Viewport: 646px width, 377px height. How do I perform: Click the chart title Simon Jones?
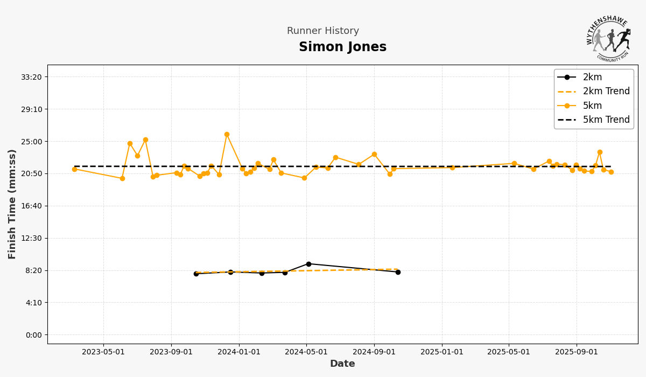[x=342, y=47]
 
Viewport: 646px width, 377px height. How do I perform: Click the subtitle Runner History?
[x=322, y=31]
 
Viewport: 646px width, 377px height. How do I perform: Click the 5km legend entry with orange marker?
[x=592, y=106]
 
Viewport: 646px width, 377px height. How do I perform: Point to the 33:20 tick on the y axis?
[x=31, y=77]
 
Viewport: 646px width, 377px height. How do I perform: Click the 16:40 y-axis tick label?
[x=31, y=206]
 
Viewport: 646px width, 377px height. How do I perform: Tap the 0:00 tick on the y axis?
[x=33, y=335]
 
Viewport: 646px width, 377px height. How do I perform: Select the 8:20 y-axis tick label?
[x=33, y=270]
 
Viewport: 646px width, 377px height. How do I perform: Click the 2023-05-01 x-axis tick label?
[x=103, y=352]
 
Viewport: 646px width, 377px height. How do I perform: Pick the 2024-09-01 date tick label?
[x=374, y=352]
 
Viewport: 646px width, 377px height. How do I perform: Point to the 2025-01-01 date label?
[x=442, y=352]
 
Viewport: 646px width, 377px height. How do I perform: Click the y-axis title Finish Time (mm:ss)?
[x=12, y=204]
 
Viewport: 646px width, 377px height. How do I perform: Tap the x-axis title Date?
[x=342, y=364]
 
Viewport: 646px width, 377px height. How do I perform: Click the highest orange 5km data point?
[x=227, y=135]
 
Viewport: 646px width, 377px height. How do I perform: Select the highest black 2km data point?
[x=308, y=264]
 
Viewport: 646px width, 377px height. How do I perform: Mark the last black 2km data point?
[x=398, y=272]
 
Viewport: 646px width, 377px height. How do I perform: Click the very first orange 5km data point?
[x=74, y=169]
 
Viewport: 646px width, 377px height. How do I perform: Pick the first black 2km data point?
[x=196, y=274]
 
